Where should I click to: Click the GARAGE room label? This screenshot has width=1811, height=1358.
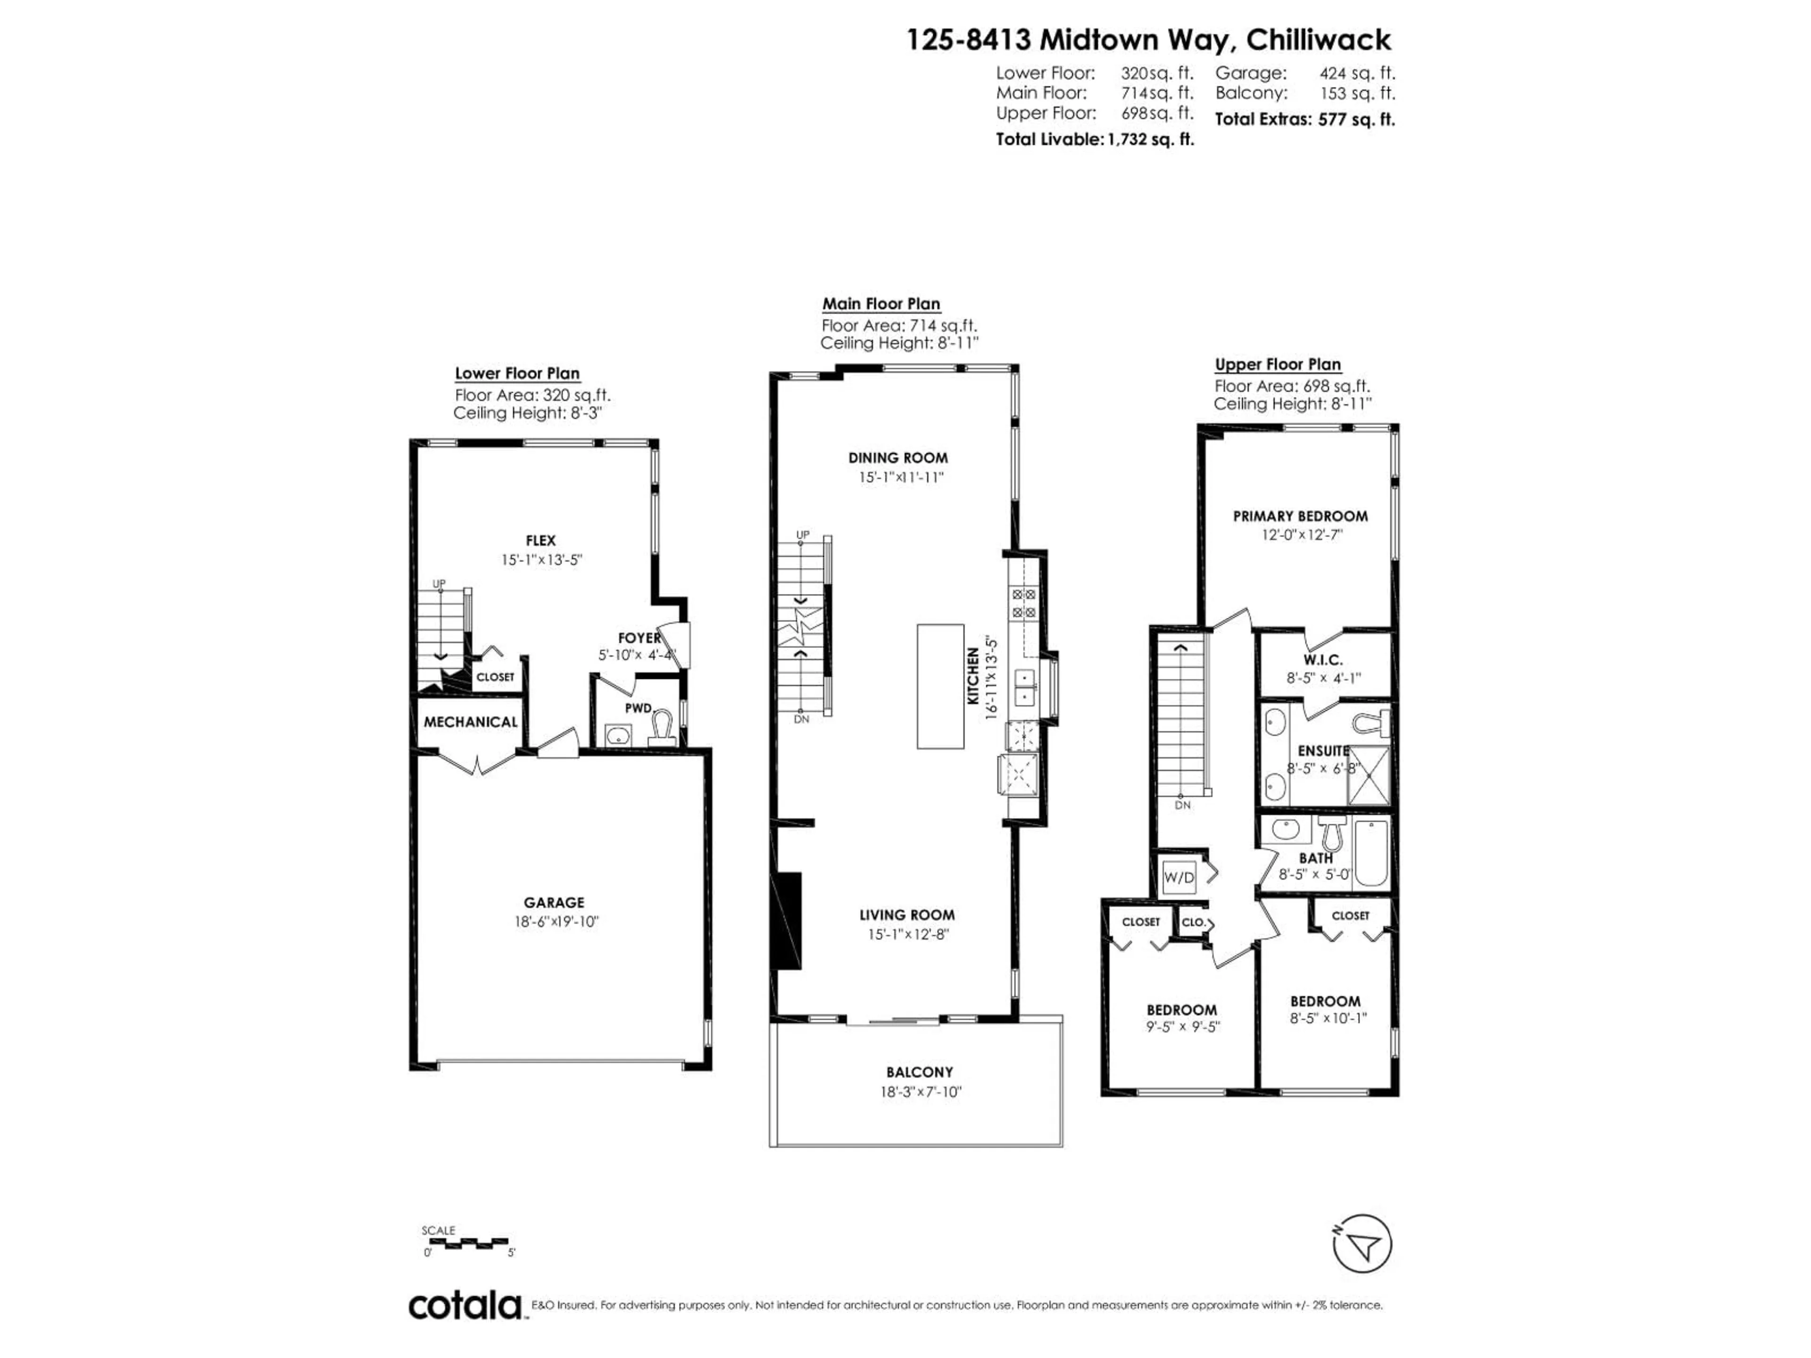(554, 902)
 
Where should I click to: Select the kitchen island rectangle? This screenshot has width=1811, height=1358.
(940, 686)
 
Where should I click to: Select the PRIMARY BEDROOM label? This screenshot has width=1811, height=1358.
(1300, 516)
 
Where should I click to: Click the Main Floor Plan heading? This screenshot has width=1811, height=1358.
(881, 304)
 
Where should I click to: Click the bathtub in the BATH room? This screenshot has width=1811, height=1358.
(1371, 854)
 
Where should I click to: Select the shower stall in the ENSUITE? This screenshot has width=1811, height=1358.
(1369, 774)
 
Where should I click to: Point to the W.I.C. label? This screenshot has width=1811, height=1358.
(1323, 660)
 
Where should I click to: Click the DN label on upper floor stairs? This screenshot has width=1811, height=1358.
(1182, 805)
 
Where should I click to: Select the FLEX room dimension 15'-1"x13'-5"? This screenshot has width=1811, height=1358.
(541, 561)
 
